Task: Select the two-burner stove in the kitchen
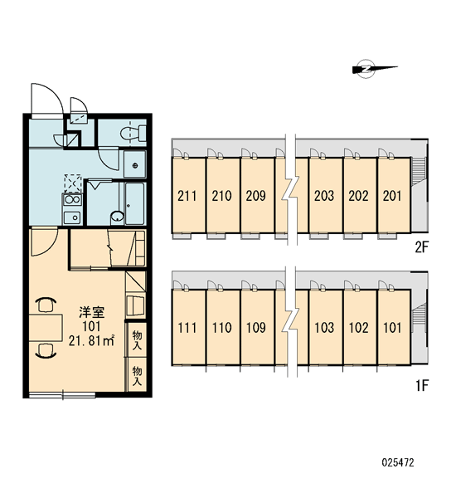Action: pyautogui.click(x=72, y=199)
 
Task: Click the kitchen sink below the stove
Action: pyautogui.click(x=72, y=217)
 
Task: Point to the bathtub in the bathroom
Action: pyautogui.click(x=135, y=203)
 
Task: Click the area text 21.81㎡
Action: pyautogui.click(x=91, y=340)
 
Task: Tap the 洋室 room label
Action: pyautogui.click(x=92, y=313)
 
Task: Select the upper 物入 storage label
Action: pyautogui.click(x=137, y=339)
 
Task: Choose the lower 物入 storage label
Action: pyautogui.click(x=137, y=376)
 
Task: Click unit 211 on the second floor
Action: pyautogui.click(x=187, y=196)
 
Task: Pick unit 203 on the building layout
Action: pyautogui.click(x=324, y=196)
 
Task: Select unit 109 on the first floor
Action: pyautogui.click(x=255, y=328)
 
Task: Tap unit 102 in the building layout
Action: pyautogui.click(x=358, y=328)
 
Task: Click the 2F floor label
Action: pyautogui.click(x=422, y=247)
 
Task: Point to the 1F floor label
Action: pyautogui.click(x=422, y=386)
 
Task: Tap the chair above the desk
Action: pyautogui.click(x=46, y=305)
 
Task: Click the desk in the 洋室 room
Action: pyautogui.click(x=46, y=328)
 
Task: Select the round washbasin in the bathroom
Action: pyautogui.click(x=117, y=217)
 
